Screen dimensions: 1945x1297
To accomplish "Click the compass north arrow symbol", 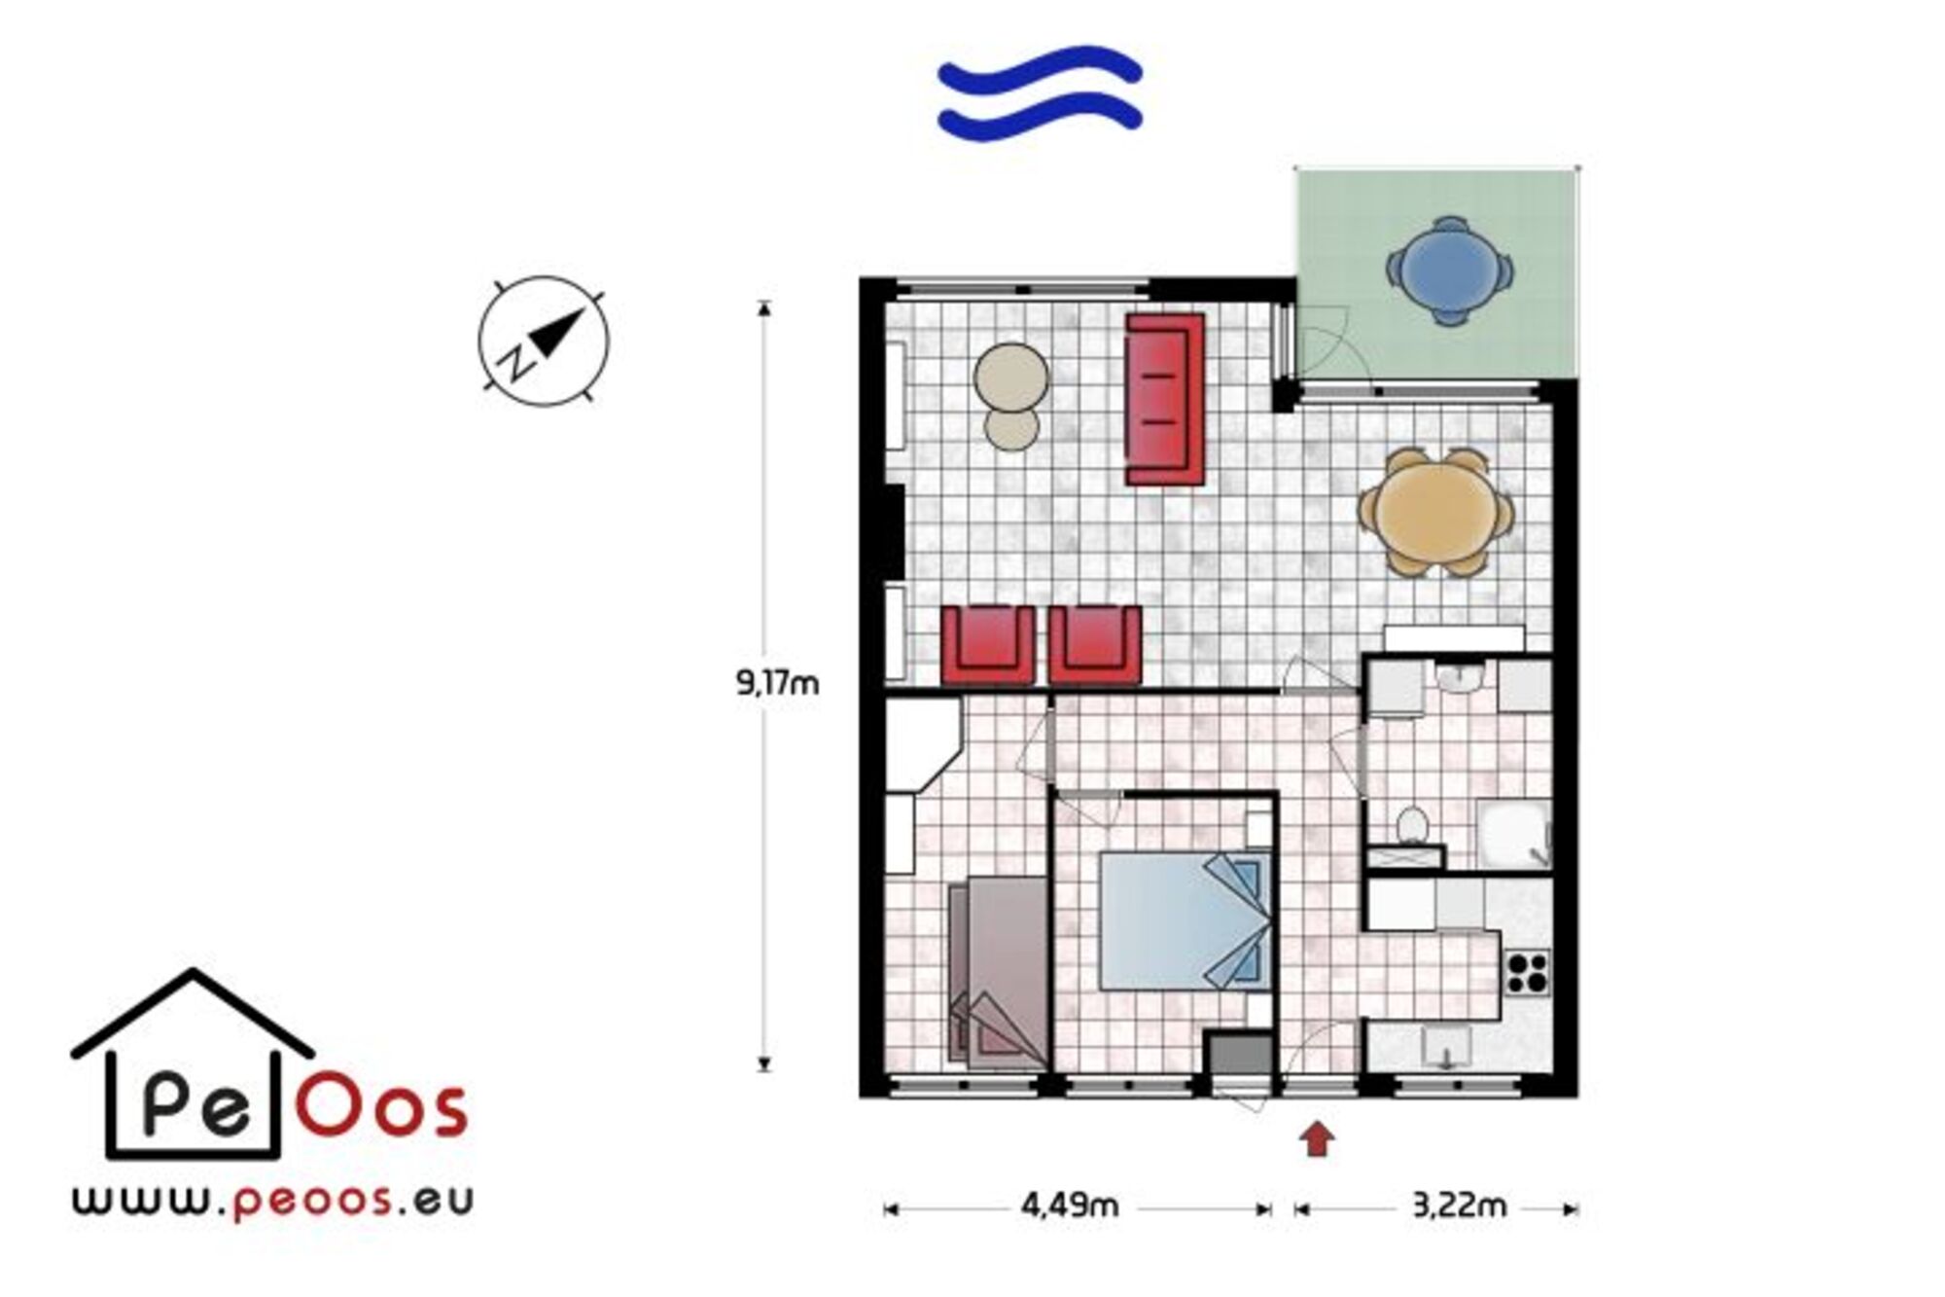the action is pyautogui.click(x=545, y=341).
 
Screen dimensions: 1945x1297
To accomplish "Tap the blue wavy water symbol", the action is pyautogui.click(x=1040, y=92).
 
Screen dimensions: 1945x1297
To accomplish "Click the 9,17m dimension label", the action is pyautogui.click(x=777, y=684).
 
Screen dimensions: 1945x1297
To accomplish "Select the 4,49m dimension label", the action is pyautogui.click(x=1070, y=1207).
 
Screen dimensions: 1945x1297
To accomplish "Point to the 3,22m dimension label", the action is pyautogui.click(x=1459, y=1207).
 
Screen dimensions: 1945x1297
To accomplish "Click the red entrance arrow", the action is pyautogui.click(x=1318, y=1138).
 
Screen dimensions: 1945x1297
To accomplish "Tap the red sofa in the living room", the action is pyautogui.click(x=1165, y=399).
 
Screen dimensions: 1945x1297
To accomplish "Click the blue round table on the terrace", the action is pyautogui.click(x=1450, y=270).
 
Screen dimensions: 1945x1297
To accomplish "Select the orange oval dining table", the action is pyautogui.click(x=1436, y=512).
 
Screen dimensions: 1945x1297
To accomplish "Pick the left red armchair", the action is pyautogui.click(x=988, y=645).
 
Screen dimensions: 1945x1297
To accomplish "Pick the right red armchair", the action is pyautogui.click(x=1095, y=645).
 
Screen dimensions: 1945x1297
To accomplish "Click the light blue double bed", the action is pyautogui.click(x=1185, y=920).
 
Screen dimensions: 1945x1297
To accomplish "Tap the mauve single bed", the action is pyautogui.click(x=999, y=972).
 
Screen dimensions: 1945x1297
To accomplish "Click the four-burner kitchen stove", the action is pyautogui.click(x=1527, y=972).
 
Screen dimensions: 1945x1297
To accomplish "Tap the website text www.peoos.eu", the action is pyautogui.click(x=272, y=1200).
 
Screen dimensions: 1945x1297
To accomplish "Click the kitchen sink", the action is pyautogui.click(x=1447, y=1049).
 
